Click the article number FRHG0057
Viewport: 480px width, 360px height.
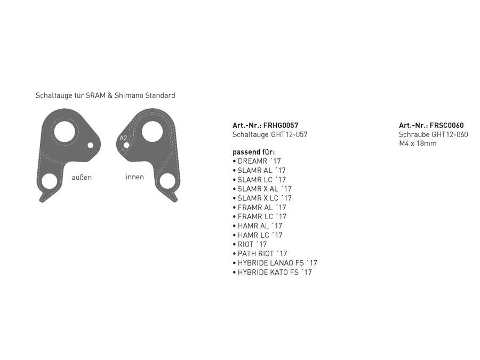click(281, 125)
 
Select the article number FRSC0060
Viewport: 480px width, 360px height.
click(446, 125)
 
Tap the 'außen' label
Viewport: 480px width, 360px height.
click(82, 178)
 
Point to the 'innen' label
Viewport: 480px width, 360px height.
click(135, 177)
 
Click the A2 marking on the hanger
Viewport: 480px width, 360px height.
click(123, 138)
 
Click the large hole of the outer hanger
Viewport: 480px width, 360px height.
click(65, 132)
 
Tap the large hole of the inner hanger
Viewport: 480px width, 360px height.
click(152, 131)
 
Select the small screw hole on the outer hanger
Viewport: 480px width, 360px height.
click(90, 145)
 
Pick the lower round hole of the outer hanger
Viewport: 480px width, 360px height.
click(49, 181)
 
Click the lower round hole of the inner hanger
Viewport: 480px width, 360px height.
click(167, 181)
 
